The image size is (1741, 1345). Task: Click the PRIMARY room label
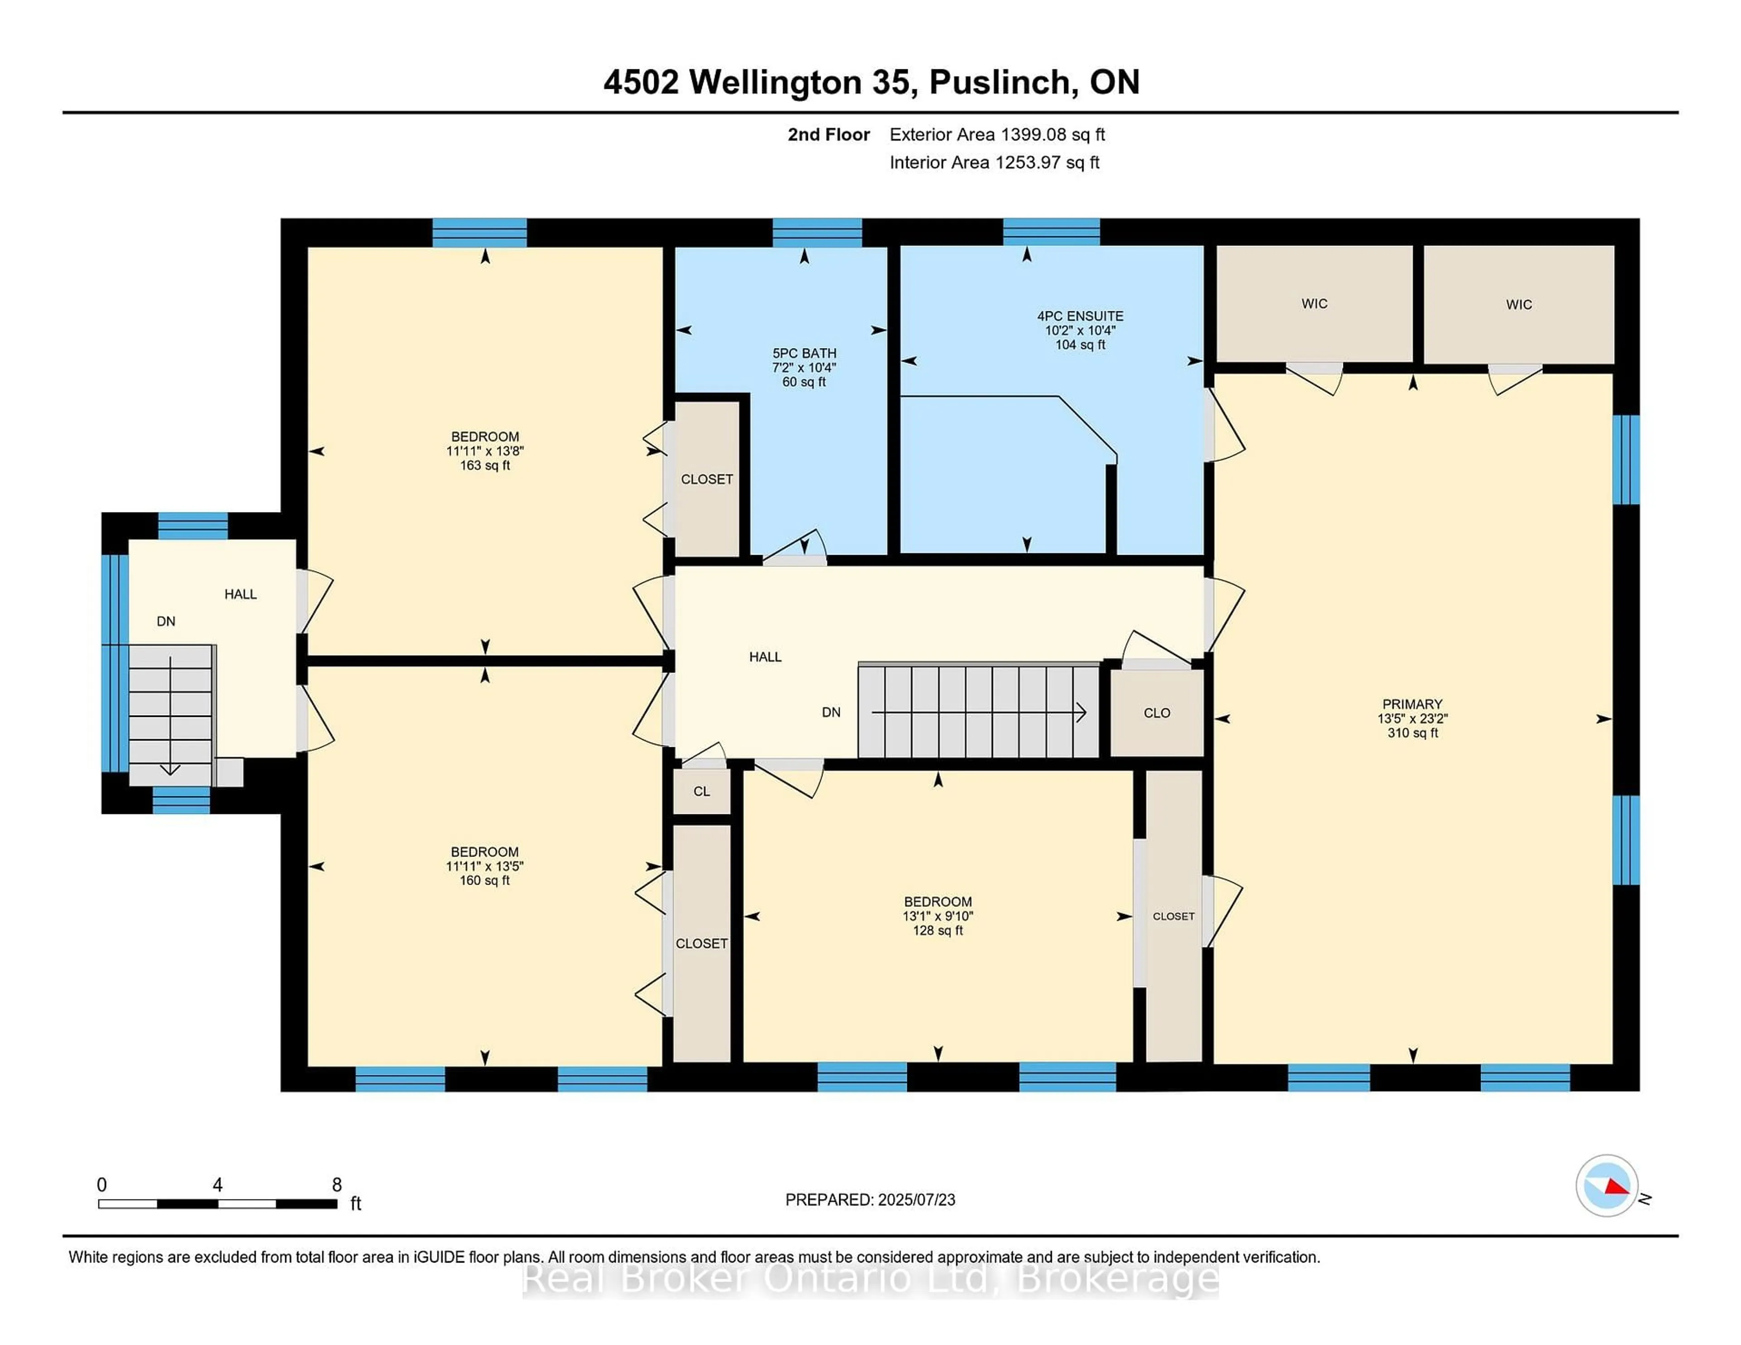(1412, 704)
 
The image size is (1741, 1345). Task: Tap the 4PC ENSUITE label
(1080, 316)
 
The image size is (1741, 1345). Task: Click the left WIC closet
(1314, 304)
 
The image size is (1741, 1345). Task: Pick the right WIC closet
(1518, 305)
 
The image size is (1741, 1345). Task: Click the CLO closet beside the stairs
(1157, 713)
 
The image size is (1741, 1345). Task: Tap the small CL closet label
(701, 791)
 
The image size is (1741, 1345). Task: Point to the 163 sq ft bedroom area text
(485, 465)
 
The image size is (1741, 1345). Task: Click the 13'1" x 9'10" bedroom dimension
(938, 916)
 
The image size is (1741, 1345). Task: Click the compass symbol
(1606, 1185)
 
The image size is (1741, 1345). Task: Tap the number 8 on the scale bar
(337, 1185)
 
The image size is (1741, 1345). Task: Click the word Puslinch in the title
(1000, 82)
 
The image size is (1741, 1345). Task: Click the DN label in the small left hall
(166, 621)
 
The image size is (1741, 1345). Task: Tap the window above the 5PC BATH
(817, 232)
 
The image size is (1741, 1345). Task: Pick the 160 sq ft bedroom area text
(485, 881)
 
